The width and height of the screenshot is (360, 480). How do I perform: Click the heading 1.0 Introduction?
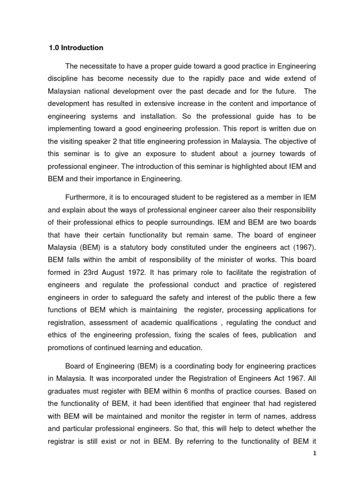click(76, 48)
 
